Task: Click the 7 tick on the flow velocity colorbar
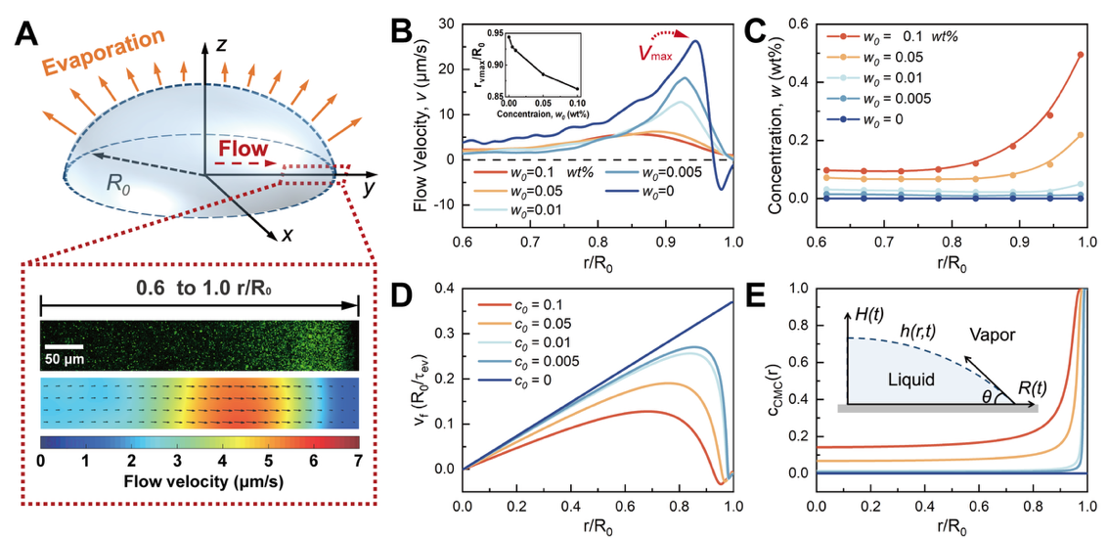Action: pos(356,459)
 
